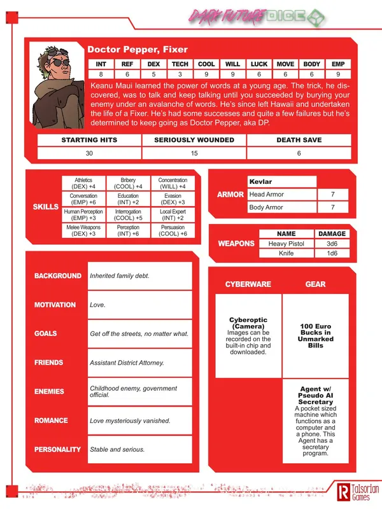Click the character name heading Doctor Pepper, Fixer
click(x=137, y=49)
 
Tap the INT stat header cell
click(x=101, y=64)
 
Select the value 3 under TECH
click(x=180, y=74)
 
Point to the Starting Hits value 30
click(x=88, y=153)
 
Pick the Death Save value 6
click(x=298, y=153)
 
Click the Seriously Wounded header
click(x=194, y=140)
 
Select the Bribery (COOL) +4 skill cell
click(x=128, y=183)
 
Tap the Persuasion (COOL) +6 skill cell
click(x=173, y=230)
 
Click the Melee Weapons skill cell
click(x=83, y=230)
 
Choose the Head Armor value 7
click(x=333, y=195)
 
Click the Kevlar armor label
click(x=261, y=182)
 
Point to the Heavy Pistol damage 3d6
click(x=332, y=244)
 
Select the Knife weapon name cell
click(x=286, y=253)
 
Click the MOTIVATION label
click(x=55, y=305)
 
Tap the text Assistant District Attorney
click(x=127, y=363)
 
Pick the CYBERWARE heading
click(x=248, y=284)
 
